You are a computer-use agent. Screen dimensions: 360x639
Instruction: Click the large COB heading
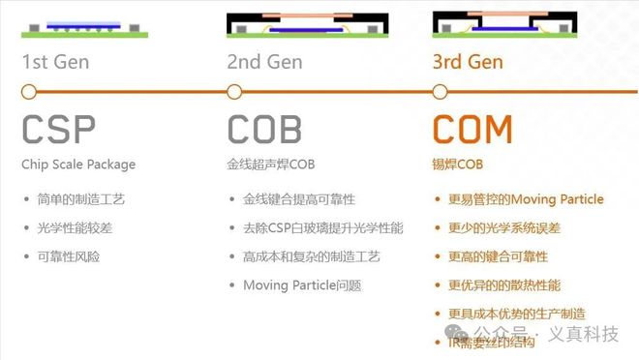[264, 130]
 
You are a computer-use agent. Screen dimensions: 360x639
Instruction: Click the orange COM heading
[472, 130]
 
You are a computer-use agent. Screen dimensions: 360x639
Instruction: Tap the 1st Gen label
[56, 63]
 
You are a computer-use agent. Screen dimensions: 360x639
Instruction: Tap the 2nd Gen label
[263, 63]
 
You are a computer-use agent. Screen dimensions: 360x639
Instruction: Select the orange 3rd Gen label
[468, 63]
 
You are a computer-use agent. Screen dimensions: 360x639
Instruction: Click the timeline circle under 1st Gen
[29, 92]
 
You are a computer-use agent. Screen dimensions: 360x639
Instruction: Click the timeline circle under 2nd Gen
[234, 92]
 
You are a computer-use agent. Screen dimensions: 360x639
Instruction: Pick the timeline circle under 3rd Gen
[440, 92]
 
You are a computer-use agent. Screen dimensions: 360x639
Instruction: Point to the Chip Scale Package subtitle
[78, 165]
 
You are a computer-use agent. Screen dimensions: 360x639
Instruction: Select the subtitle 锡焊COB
[458, 165]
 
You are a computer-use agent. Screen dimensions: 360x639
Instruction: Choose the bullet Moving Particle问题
[301, 285]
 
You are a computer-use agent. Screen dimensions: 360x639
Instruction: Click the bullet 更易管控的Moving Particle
[526, 200]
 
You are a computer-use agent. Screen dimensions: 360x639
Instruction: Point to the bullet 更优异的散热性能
[504, 285]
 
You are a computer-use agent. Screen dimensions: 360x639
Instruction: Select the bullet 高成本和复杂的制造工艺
[312, 256]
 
